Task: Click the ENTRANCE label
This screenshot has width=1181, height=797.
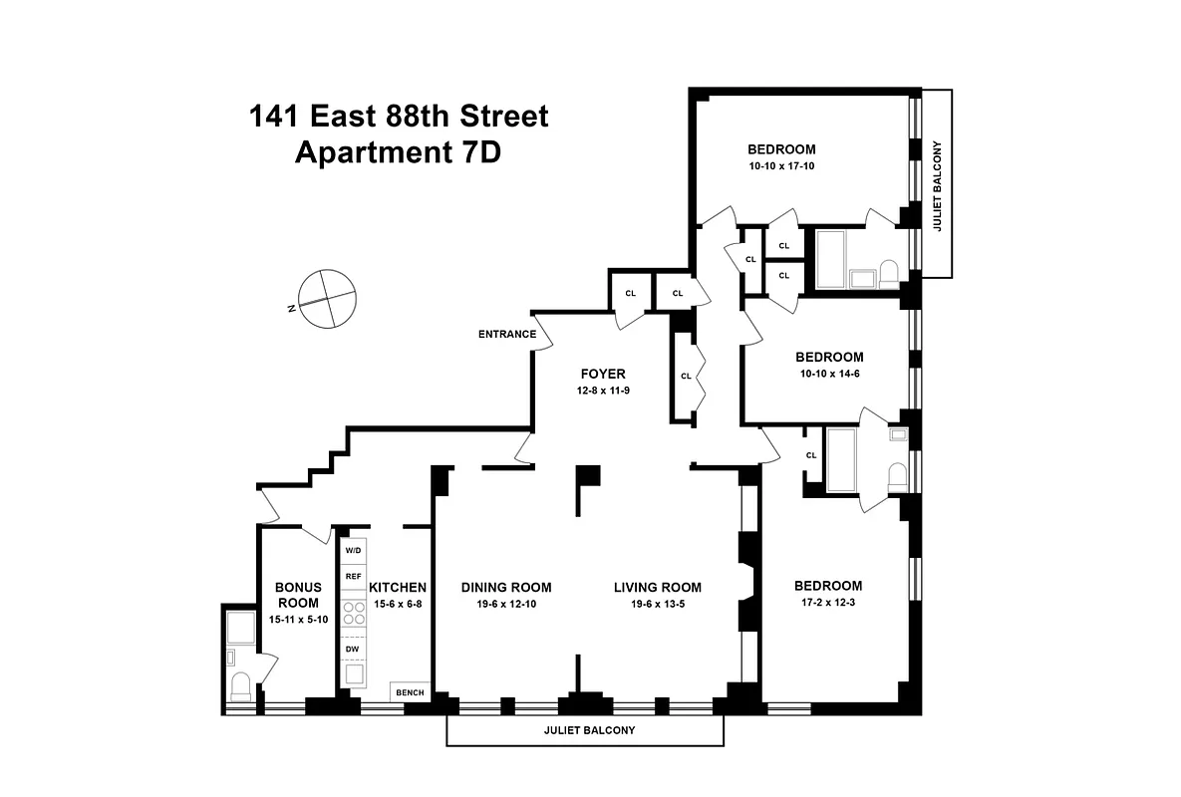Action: [507, 335]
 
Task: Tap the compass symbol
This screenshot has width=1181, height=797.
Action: [326, 300]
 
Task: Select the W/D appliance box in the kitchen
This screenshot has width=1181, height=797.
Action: [354, 551]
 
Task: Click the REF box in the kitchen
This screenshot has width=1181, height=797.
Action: [354, 577]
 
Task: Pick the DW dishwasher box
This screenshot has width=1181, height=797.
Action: [353, 650]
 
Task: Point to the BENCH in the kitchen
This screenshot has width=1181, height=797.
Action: [409, 692]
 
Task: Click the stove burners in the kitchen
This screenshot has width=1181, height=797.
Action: [354, 613]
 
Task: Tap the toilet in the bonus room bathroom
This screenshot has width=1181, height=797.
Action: [239, 686]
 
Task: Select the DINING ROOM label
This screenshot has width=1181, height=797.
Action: [506, 588]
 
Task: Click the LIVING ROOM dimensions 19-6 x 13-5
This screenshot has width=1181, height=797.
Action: [657, 604]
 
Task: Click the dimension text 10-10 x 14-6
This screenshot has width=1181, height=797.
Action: [829, 374]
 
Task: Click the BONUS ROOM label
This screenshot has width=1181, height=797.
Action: [298, 595]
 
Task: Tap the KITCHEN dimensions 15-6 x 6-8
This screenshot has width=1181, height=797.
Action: [398, 604]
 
